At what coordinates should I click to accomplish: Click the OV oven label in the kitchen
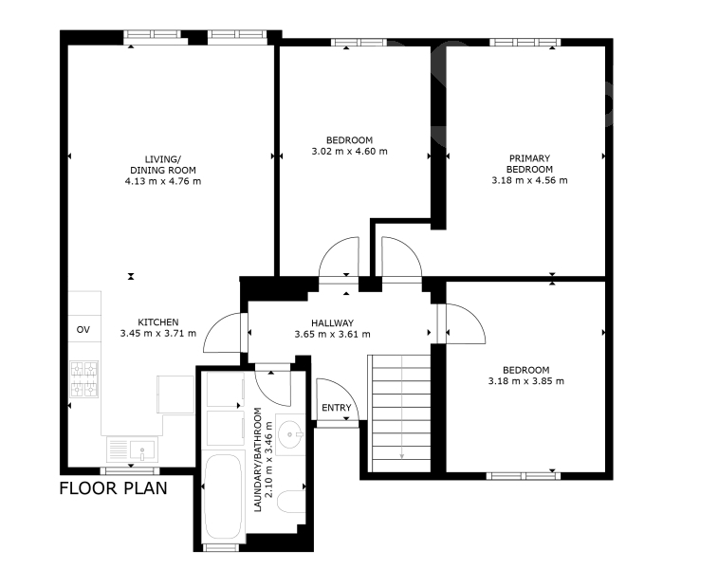[83, 330]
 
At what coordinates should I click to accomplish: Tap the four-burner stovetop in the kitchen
[84, 379]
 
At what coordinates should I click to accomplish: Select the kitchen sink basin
[142, 450]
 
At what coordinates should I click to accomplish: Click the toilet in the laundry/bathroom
[291, 507]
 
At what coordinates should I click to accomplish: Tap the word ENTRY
[337, 408]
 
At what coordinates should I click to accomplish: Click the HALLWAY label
[332, 323]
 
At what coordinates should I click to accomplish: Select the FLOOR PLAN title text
[114, 488]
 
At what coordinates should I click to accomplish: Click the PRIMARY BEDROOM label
[529, 163]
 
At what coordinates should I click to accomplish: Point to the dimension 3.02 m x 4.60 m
[349, 151]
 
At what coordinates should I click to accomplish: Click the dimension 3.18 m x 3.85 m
[526, 381]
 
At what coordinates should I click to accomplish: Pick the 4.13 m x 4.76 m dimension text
[163, 181]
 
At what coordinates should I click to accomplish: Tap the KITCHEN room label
[158, 322]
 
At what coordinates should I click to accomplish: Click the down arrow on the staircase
[402, 408]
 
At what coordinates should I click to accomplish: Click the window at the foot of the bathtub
[221, 547]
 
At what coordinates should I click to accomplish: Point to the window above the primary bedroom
[525, 42]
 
